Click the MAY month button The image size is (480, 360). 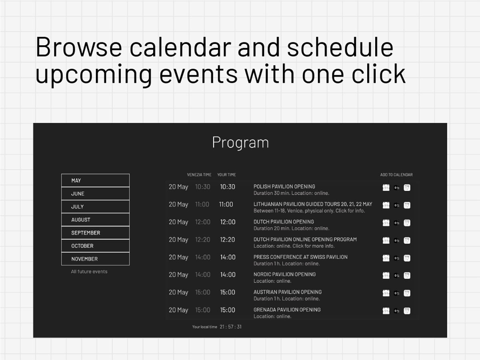(95, 180)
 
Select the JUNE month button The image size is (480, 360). (95, 194)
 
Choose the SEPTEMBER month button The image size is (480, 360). (95, 232)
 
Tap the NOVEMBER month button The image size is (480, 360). (95, 259)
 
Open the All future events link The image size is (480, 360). (89, 272)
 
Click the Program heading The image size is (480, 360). (240, 142)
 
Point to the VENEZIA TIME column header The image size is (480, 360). (199, 175)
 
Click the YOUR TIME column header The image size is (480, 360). (226, 175)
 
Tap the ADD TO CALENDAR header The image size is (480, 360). (396, 175)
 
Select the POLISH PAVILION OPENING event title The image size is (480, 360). (284, 186)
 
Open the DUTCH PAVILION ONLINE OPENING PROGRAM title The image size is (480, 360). (305, 239)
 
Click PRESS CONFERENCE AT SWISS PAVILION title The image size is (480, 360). (300, 257)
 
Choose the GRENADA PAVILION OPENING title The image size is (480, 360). (287, 310)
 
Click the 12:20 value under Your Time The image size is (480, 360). (228, 240)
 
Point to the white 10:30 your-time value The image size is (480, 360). (228, 187)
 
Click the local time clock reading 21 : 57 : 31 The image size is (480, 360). (231, 327)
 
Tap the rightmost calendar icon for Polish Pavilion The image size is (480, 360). (407, 188)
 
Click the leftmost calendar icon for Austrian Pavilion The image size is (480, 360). (386, 293)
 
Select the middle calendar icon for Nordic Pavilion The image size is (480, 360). (396, 276)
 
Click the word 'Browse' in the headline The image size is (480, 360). (79, 47)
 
